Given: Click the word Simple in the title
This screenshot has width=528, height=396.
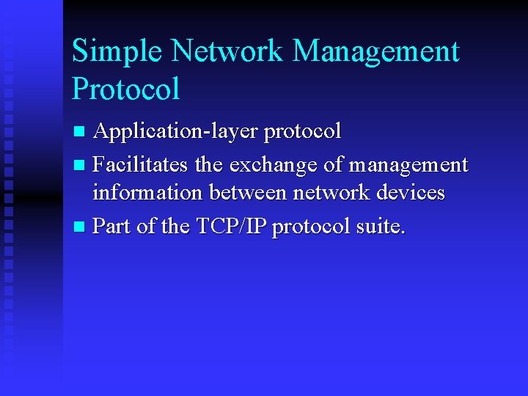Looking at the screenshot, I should [x=120, y=52].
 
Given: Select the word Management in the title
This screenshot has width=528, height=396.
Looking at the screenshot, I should [x=375, y=52].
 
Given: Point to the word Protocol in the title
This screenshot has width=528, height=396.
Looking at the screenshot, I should [x=125, y=89].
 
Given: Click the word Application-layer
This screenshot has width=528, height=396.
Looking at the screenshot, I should [x=175, y=132].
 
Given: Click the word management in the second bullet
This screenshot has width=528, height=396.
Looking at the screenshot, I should [x=408, y=166].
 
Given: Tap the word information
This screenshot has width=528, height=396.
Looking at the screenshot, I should [x=148, y=193].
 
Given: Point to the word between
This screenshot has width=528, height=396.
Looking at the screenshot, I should [x=249, y=193].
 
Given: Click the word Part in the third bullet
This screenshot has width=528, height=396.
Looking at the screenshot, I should [x=113, y=227].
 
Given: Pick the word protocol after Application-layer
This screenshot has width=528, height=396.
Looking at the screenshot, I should [x=302, y=133].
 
